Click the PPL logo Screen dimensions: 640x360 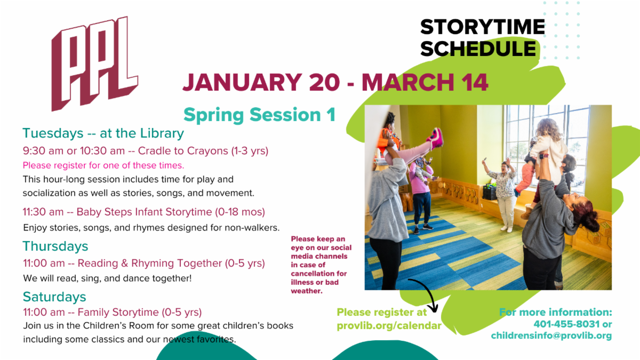[x=94, y=63]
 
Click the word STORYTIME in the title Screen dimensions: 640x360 [x=483, y=27]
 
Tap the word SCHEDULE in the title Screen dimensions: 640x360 [x=478, y=49]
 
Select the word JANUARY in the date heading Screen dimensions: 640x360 [x=242, y=82]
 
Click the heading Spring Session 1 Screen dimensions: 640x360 [x=259, y=115]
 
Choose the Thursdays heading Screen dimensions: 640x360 [x=55, y=246]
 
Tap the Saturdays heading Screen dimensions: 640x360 [x=54, y=297]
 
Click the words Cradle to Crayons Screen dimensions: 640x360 [x=183, y=151]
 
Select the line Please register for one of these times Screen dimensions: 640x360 [x=103, y=165]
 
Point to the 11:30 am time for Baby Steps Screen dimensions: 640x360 [x=43, y=212]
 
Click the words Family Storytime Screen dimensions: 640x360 [x=118, y=313]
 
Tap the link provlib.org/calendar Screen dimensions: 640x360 [x=389, y=326]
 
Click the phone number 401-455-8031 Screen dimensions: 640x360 [x=566, y=324]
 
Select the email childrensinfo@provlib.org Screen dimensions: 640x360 [x=551, y=335]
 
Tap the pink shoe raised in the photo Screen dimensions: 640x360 [x=435, y=138]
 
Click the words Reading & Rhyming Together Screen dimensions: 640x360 [x=150, y=263]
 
